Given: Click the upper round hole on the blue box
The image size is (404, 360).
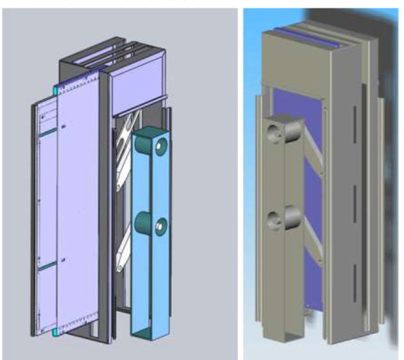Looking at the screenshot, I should (x=161, y=146).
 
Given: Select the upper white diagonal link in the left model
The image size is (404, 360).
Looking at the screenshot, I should (x=124, y=151).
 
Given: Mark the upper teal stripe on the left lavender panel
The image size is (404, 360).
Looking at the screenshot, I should (x=48, y=132).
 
